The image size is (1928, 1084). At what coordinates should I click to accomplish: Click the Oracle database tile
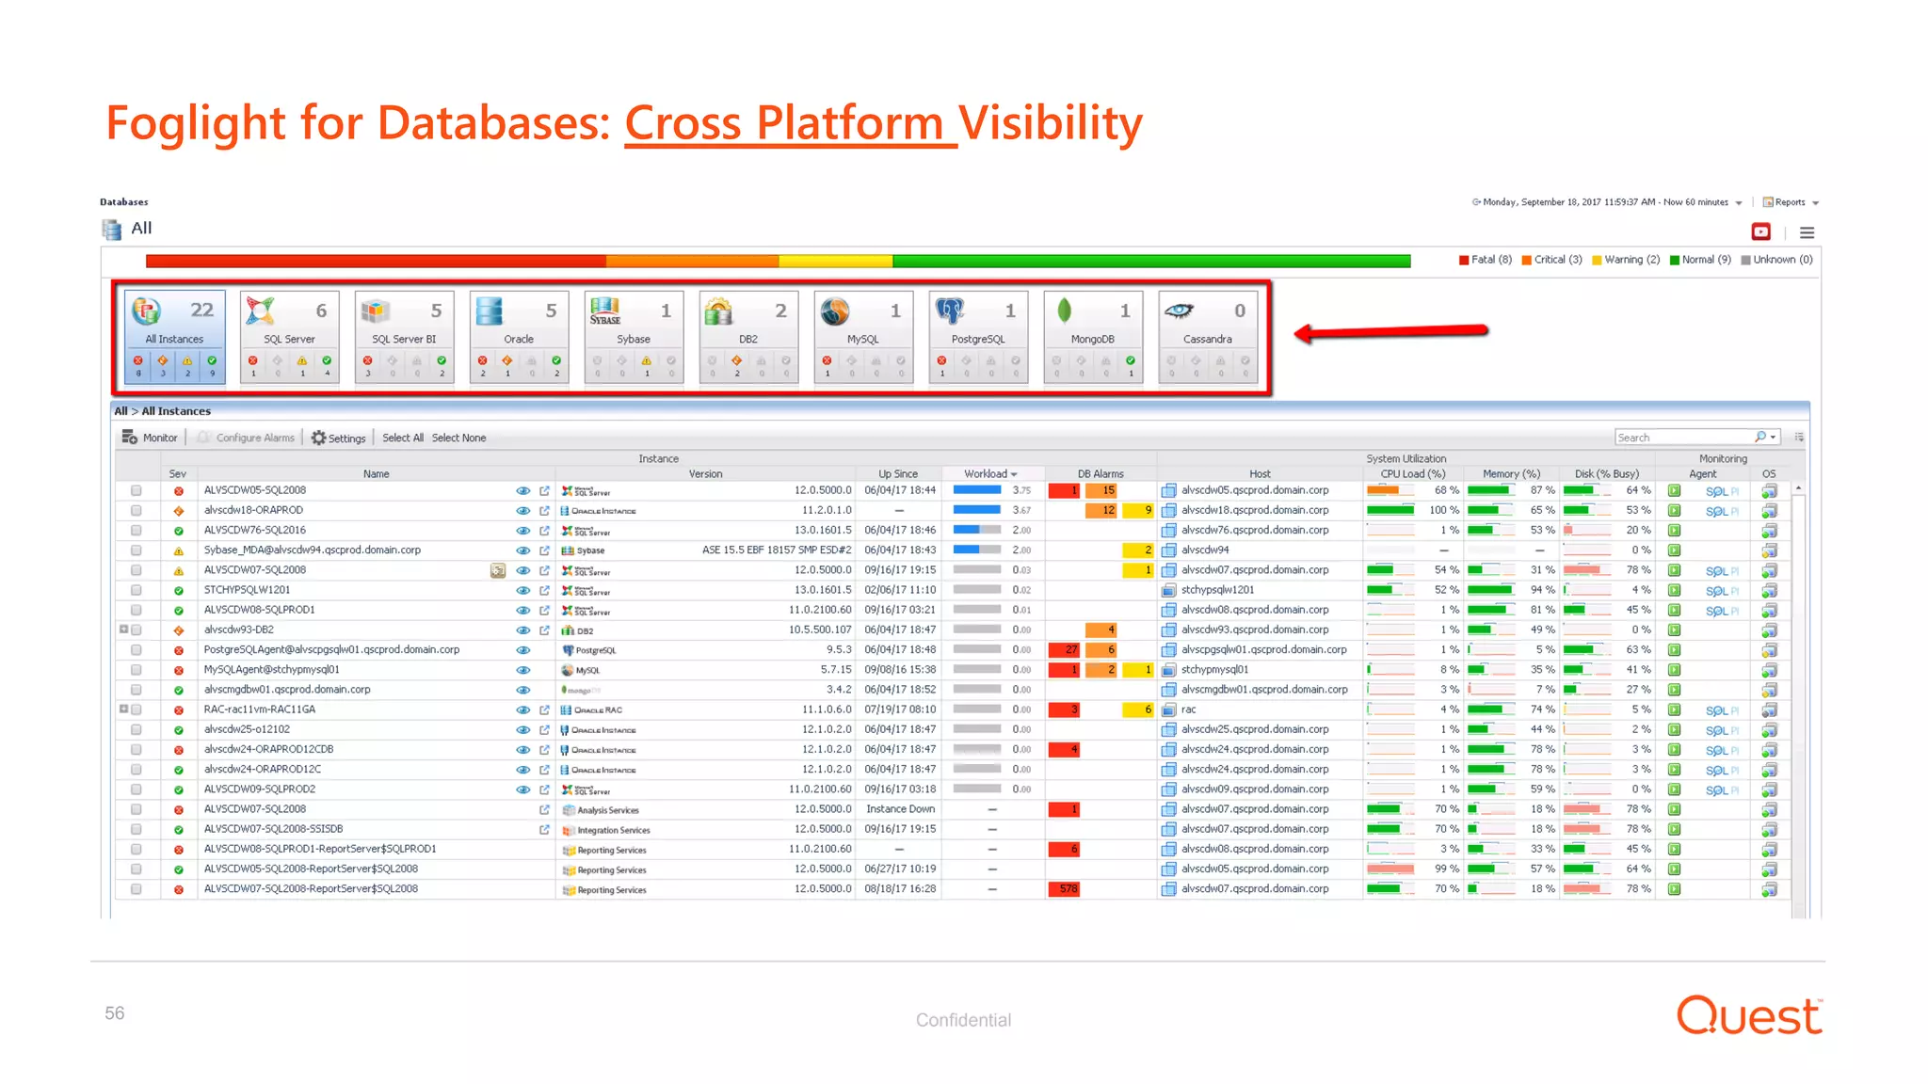[x=519, y=336]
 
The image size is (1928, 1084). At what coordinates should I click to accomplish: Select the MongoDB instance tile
[x=1093, y=336]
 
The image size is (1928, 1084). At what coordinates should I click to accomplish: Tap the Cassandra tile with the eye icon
[x=1208, y=336]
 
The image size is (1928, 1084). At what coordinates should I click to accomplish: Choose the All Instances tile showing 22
[x=175, y=336]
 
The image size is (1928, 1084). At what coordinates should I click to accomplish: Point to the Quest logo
[x=1749, y=1016]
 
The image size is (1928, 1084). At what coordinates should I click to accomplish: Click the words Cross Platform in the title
[x=789, y=123]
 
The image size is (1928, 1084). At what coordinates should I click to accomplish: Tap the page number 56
[x=115, y=1013]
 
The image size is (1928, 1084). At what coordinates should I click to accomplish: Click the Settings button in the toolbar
[x=339, y=438]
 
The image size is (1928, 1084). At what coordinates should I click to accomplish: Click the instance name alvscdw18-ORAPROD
[x=253, y=510]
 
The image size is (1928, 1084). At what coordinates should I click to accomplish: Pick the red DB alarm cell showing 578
[x=1065, y=889]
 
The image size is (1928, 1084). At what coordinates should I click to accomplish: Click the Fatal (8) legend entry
[x=1486, y=260]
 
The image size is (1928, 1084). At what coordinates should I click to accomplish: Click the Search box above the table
[x=1683, y=438]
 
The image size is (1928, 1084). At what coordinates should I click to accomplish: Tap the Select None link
[x=458, y=438]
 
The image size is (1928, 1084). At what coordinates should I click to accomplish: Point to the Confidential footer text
[x=963, y=1020]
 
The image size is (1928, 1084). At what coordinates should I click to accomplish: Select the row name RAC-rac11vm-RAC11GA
[x=260, y=709]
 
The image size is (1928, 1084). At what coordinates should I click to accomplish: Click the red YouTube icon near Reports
[x=1760, y=231]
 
